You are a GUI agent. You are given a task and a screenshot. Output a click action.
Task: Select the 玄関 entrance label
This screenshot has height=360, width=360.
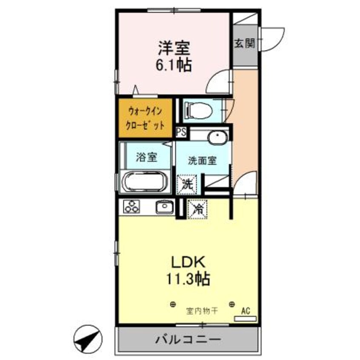pos(244,43)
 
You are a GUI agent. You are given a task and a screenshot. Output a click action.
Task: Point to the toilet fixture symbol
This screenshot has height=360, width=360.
pos(197,111)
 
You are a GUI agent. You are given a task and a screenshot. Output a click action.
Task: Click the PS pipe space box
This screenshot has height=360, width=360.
pos(181,132)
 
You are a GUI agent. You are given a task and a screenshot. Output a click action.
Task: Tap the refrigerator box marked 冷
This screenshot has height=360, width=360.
pos(197,209)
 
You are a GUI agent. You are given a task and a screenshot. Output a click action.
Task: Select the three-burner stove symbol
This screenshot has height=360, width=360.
pos(131,208)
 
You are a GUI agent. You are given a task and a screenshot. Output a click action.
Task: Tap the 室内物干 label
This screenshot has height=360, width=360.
pos(202,311)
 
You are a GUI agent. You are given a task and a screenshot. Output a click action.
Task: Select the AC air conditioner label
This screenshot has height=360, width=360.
pos(245,311)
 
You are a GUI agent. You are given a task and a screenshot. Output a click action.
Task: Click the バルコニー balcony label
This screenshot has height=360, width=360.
pos(188,340)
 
